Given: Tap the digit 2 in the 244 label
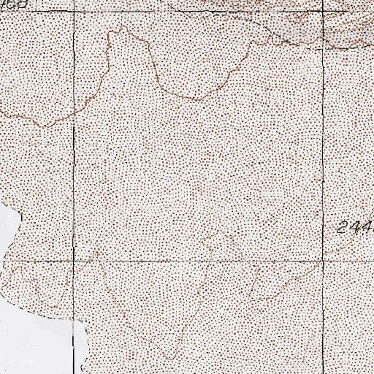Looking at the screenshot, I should [x=345, y=227].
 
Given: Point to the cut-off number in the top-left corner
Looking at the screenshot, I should [x=16, y=4].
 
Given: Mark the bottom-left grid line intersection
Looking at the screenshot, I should [x=75, y=259].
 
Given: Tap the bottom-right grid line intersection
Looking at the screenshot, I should [x=324, y=259].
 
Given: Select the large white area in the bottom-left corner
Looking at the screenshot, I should [x=37, y=343].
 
